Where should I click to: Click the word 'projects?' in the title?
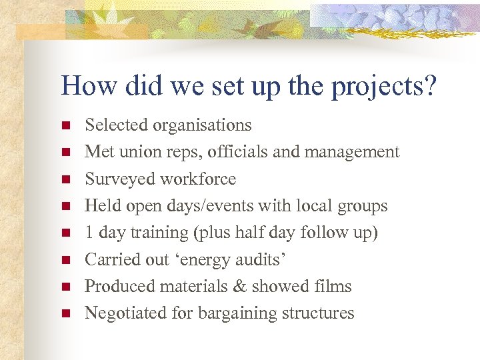[387, 87]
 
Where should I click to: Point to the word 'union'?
[139, 152]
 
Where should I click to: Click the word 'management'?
[351, 152]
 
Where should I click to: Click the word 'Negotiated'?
[124, 313]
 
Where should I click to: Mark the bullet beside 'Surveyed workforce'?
[65, 179]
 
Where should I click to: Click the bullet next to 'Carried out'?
[65, 260]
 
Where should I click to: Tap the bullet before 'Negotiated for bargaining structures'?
[65, 313]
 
